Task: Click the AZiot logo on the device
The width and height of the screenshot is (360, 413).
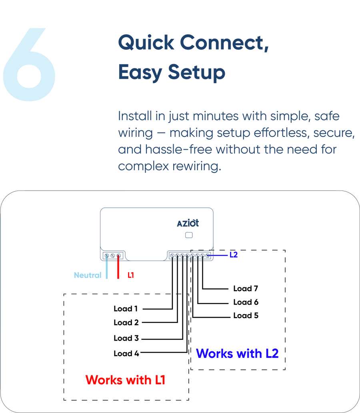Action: pyautogui.click(x=188, y=223)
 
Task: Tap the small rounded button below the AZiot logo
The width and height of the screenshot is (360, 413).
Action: pyautogui.click(x=189, y=235)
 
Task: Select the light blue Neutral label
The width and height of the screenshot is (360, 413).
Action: pyautogui.click(x=88, y=275)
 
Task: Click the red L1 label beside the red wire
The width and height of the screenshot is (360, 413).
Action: pyautogui.click(x=131, y=275)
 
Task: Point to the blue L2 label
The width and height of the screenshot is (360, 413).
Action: pyautogui.click(x=234, y=255)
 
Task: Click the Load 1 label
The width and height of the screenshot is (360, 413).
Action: pyautogui.click(x=126, y=309)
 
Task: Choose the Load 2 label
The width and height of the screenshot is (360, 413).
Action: pyautogui.click(x=126, y=322)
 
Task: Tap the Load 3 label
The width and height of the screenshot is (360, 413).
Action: pyautogui.click(x=126, y=338)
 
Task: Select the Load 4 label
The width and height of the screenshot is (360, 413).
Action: pyautogui.click(x=126, y=353)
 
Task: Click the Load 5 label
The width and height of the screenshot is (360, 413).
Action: pyautogui.click(x=246, y=315)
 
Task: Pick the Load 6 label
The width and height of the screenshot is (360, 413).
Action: pyautogui.click(x=246, y=302)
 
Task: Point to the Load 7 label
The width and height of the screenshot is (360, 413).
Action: pyautogui.click(x=246, y=289)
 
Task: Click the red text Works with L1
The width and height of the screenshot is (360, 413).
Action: pyautogui.click(x=125, y=379)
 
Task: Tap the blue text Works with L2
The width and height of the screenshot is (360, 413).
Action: pyautogui.click(x=237, y=353)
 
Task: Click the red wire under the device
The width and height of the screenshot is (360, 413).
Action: pyautogui.click(x=118, y=268)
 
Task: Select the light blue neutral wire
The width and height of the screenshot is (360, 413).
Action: pyautogui.click(x=106, y=268)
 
